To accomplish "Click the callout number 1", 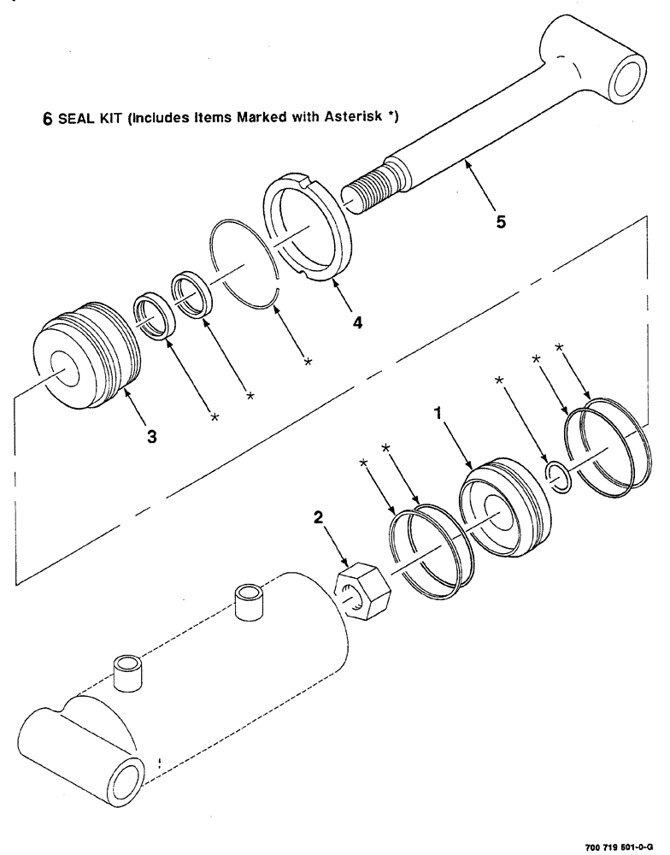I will click(x=438, y=413).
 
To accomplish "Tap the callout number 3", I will click(x=150, y=437).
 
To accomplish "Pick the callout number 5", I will click(x=501, y=221).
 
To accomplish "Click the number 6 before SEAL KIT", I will click(x=49, y=119).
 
